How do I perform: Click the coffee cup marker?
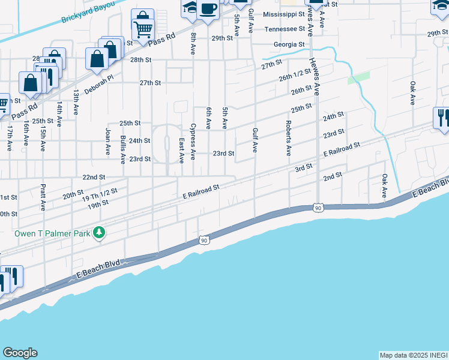(208, 10)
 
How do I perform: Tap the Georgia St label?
(289, 44)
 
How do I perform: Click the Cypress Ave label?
(193, 142)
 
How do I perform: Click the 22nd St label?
(94, 178)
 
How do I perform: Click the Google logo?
(20, 353)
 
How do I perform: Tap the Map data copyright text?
(414, 355)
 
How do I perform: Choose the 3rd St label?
(304, 167)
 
